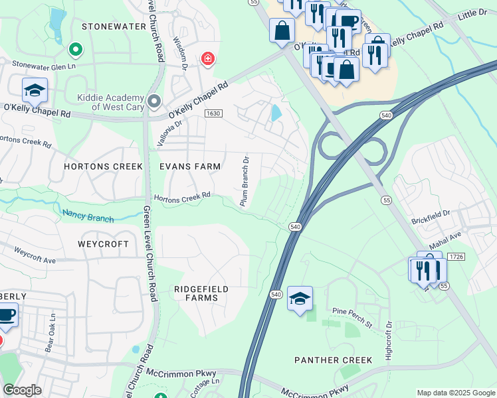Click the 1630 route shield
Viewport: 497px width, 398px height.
[213, 113]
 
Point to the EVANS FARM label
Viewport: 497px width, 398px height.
[190, 166]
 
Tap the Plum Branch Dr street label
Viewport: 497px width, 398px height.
[245, 180]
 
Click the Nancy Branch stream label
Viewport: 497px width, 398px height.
[88, 216]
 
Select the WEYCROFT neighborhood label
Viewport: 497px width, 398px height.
[103, 244]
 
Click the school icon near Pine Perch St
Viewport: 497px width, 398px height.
[300, 299]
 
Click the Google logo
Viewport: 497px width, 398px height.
[22, 390]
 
